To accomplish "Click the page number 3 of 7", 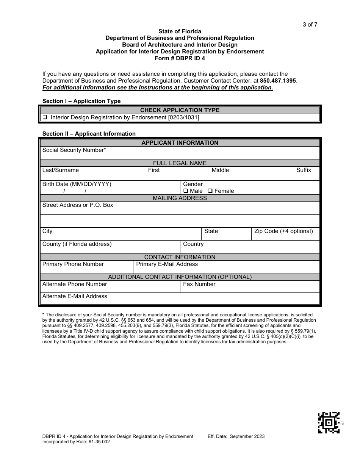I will pos(310,25).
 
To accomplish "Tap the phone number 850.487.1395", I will pos(278,81).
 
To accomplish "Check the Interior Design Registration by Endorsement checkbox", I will pos(45,117).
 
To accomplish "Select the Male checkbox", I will pos(186,191).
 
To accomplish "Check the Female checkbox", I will pos(210,191).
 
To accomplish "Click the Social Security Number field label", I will pos(74,150).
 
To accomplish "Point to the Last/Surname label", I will pos(61,170).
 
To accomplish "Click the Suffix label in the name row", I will pos(304,170).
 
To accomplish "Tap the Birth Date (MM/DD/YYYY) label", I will pos(77,184).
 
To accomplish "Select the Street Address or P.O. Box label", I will pos(78,205).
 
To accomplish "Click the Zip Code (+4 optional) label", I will pos(283,231).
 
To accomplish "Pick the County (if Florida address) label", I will pos(77,244).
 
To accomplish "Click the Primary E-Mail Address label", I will pos(167,264).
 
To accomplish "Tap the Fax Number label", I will pos(199,284).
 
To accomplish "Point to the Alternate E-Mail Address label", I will pos(75,296).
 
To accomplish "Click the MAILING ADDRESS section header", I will pos(180,198).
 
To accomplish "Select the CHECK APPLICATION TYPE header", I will pos(180,110).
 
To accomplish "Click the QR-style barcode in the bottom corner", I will pos(329,422).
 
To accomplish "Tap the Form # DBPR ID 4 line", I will pos(180,58).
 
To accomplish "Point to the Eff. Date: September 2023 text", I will pos(236,436).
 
